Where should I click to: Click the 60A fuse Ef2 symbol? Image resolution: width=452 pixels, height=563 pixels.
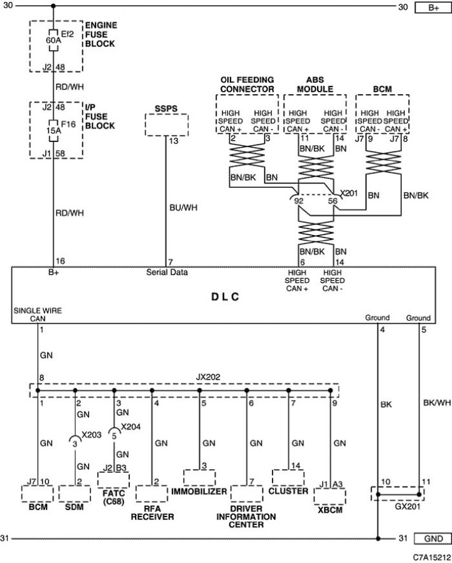(x=53, y=40)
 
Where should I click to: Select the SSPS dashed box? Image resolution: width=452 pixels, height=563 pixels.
(x=167, y=125)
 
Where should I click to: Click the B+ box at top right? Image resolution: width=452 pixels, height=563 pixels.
(x=433, y=8)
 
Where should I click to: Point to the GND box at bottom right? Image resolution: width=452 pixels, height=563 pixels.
(x=433, y=539)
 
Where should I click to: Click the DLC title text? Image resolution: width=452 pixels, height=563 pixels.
(x=225, y=297)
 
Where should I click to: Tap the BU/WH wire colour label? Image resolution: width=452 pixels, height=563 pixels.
(x=183, y=208)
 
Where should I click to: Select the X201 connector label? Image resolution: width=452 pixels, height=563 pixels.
(x=349, y=193)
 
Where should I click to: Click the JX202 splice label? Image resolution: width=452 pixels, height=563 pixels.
(x=208, y=377)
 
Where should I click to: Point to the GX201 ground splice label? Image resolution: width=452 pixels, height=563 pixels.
(x=407, y=506)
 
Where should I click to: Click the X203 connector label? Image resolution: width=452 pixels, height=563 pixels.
(x=92, y=435)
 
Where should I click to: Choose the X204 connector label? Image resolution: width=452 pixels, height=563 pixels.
(x=131, y=427)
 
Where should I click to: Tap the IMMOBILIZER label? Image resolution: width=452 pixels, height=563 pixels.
(x=199, y=491)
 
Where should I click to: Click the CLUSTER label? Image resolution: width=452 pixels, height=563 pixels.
(x=288, y=491)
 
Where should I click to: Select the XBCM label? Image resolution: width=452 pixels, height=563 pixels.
(x=330, y=510)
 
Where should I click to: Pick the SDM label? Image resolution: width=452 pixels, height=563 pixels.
(x=74, y=507)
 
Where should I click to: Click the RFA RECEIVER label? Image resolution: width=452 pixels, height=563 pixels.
(x=152, y=513)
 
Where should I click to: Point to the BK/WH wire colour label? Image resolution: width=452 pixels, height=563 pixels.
(x=437, y=403)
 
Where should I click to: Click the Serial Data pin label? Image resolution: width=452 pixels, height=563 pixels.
(x=167, y=272)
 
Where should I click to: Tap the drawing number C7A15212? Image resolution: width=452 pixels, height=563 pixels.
(x=432, y=557)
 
